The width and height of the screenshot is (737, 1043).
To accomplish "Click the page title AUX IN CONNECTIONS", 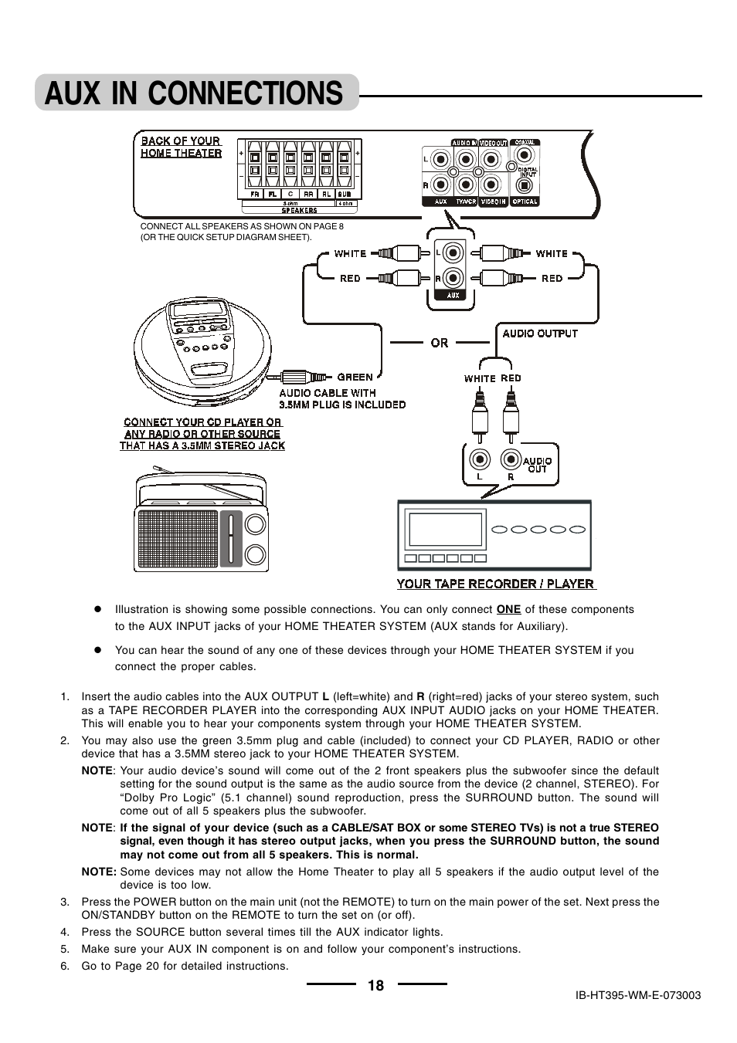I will pos(194,93).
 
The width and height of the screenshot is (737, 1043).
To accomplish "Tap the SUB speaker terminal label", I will pos(344,195).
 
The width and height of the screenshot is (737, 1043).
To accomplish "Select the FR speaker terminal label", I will pos(253,195).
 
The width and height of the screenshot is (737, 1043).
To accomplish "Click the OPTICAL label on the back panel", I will pos(525,201).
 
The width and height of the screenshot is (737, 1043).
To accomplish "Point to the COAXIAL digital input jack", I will pos(512,166).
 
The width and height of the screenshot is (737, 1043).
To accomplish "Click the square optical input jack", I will pos(525,185).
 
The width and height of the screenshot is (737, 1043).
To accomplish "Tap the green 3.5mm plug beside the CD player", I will pos(297,377).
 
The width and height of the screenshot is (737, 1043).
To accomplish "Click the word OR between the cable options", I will pos(440,343).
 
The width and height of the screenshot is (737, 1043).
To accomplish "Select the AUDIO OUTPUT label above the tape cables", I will pos(540,334).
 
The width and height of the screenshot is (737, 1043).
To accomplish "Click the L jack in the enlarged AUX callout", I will pos(453,253).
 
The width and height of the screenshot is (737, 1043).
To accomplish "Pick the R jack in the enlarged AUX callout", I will pos(453,277).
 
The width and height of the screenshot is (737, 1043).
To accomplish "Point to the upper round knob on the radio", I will pos(254,525).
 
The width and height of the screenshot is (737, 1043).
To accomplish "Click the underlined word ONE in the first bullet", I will pos(508,609).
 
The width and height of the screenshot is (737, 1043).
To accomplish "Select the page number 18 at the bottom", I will pos(375,985).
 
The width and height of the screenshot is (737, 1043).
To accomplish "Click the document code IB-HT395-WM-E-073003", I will pos(638,995).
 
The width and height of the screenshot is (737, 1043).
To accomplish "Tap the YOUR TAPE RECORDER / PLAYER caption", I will pos(495,584).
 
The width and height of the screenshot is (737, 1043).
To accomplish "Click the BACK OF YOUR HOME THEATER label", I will pos(181,147).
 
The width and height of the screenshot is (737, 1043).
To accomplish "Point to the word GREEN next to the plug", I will pos(355,378).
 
